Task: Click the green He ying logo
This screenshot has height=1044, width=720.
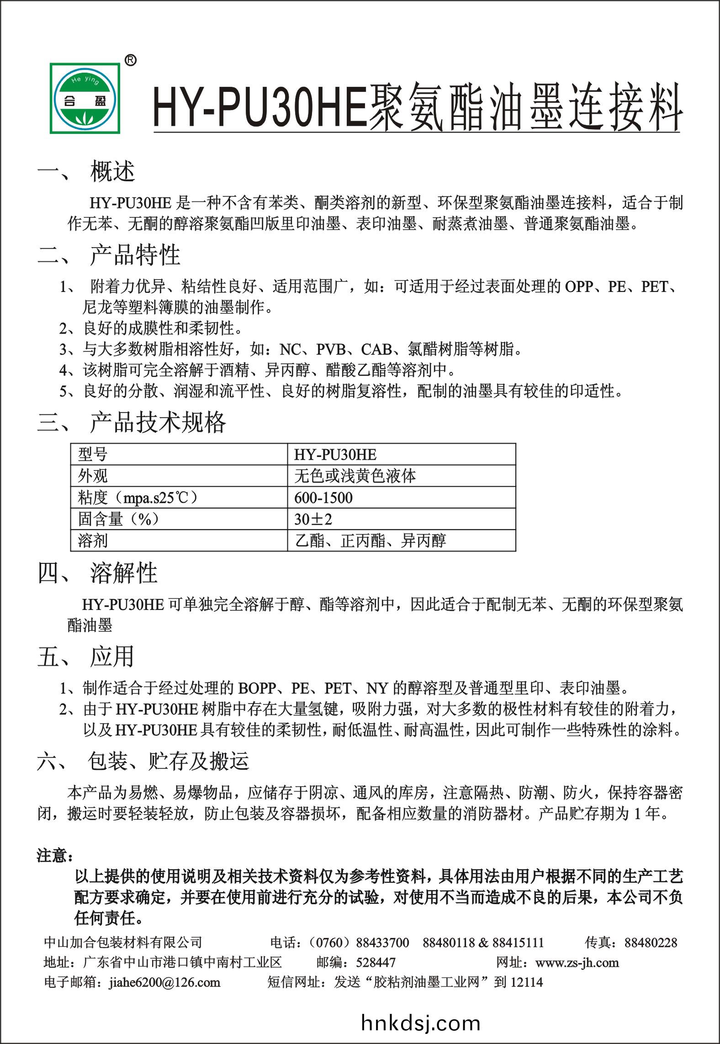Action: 85,98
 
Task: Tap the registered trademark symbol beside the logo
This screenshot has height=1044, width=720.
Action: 130,60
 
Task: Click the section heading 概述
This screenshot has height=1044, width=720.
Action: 112,172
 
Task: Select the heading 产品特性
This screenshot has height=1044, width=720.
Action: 135,255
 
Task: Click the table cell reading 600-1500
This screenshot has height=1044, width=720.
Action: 323,498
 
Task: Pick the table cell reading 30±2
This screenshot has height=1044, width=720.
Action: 313,519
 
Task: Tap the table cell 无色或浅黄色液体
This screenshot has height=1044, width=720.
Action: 355,476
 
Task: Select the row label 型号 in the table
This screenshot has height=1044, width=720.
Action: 93,455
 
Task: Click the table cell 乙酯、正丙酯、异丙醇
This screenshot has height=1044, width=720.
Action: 371,541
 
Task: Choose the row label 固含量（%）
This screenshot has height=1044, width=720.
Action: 118,519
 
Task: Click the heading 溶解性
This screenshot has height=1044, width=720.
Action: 123,573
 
